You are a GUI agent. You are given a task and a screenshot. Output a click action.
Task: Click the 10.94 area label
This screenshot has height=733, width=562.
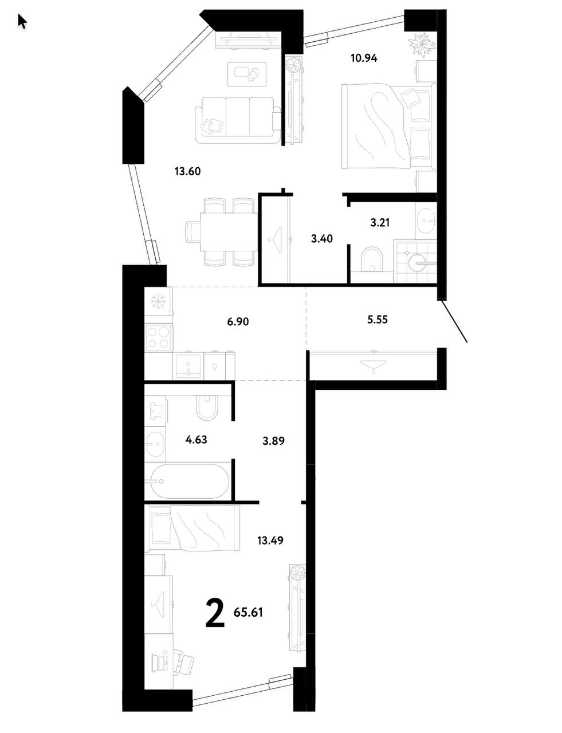coord(364,58)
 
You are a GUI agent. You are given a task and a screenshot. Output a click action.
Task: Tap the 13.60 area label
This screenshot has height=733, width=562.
coord(187,171)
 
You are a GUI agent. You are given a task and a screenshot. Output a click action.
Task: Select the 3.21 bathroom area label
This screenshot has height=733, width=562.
coord(380,223)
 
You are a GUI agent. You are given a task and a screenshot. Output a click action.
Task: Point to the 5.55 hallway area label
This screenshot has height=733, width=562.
coord(377,320)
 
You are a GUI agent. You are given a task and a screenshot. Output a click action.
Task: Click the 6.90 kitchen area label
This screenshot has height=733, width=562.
coord(238,321)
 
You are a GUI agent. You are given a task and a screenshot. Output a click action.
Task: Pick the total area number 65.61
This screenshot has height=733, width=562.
coord(248,612)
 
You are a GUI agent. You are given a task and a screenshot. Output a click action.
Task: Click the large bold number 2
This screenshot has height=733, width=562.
coord(215,613)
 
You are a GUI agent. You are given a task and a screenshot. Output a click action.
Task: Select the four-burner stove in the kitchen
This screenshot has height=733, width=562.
coord(158,338)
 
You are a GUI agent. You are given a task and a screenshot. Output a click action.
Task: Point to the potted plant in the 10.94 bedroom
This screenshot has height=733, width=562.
coord(421,45)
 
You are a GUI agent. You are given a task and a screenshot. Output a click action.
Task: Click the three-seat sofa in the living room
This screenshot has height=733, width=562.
coord(238,120)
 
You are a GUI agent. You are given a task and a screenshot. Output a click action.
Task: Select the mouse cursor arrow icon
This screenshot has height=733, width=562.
coord(22,22)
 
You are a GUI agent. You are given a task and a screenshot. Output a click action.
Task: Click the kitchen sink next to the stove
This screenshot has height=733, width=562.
coord(188,366)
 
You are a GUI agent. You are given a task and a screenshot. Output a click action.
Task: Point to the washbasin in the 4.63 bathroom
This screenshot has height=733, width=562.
coord(155,445)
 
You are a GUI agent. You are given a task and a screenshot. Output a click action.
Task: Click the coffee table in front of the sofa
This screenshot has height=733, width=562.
coord(247,74)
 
